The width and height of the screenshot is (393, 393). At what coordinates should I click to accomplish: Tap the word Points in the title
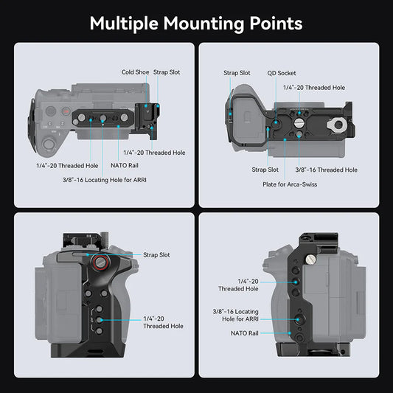(x=275, y=24)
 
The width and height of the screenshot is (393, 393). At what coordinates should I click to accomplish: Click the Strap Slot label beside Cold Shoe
(x=167, y=72)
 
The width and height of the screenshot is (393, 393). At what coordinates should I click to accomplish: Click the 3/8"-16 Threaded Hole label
(x=326, y=170)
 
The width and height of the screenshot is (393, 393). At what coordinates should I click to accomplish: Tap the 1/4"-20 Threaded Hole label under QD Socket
(x=314, y=87)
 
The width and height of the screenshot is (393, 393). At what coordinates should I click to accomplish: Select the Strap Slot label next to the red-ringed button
(x=156, y=254)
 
